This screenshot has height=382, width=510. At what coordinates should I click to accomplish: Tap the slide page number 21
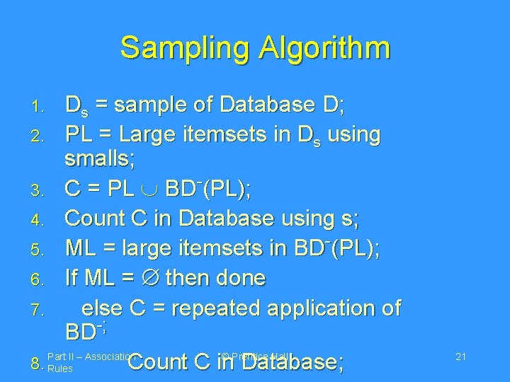click(x=460, y=357)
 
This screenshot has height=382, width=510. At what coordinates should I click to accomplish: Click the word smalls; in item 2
click(x=99, y=159)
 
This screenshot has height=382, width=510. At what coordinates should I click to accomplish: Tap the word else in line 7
click(x=101, y=308)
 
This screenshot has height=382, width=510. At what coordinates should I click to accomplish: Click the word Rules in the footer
click(x=59, y=369)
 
